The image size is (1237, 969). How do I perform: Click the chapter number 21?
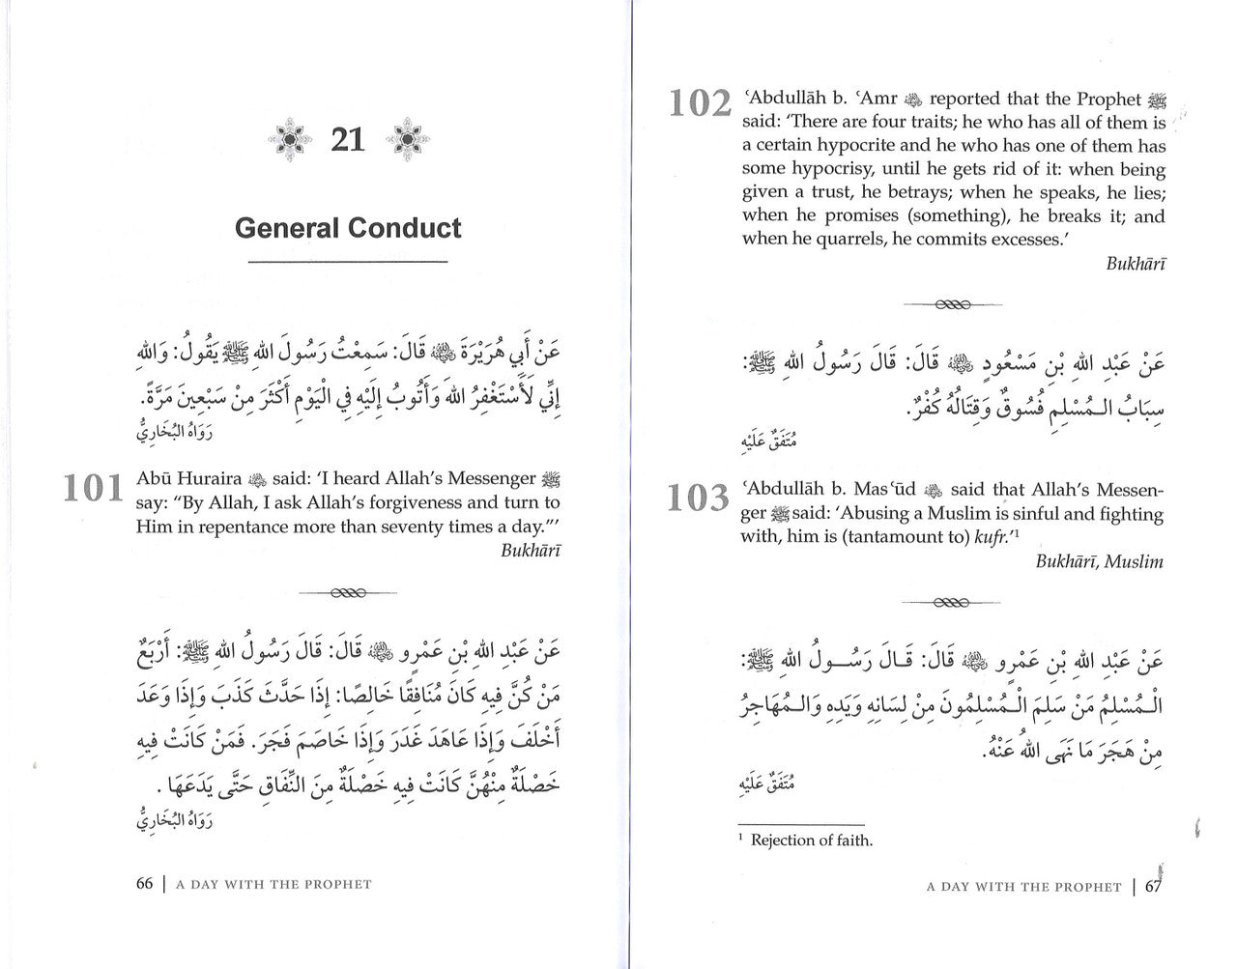348,140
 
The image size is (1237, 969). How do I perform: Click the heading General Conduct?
348,228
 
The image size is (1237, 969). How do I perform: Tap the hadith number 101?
94,489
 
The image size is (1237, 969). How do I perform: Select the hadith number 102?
701,102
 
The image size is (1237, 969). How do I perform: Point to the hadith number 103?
699,499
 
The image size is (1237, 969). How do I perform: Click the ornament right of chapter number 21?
408,141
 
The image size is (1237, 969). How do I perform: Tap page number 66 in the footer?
145,883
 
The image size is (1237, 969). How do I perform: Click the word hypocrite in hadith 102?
844,146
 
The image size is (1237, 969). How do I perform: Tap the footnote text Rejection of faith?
812,841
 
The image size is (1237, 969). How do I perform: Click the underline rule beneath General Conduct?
348,263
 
